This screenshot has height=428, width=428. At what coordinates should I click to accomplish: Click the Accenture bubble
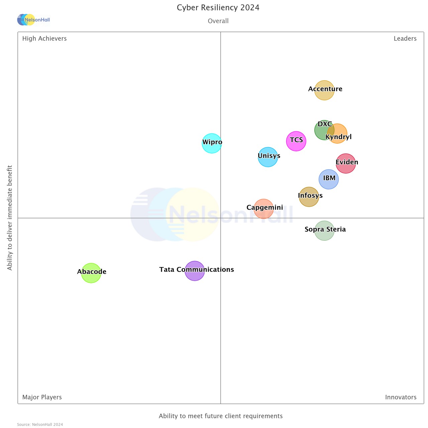(x=324, y=90)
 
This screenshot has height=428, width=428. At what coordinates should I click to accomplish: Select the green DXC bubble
(x=322, y=130)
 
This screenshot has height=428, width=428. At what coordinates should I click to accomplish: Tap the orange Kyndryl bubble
(x=339, y=133)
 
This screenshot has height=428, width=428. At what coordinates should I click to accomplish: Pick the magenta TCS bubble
(x=296, y=141)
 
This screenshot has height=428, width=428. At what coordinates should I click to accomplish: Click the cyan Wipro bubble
(x=212, y=143)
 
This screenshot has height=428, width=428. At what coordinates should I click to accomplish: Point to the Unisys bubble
(x=268, y=157)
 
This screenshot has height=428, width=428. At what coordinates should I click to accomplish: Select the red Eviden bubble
(x=346, y=164)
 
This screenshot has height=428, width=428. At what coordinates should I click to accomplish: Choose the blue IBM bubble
(x=329, y=179)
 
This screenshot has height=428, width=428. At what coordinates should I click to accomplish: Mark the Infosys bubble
(x=309, y=197)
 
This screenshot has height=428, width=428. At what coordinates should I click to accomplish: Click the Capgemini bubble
(x=263, y=209)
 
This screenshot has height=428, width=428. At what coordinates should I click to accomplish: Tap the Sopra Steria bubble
(x=324, y=231)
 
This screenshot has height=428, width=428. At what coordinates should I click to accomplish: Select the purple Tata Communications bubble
(x=195, y=271)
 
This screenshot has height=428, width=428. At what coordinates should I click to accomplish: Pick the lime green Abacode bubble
(x=91, y=273)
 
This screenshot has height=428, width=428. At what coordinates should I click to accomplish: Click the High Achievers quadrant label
(x=44, y=38)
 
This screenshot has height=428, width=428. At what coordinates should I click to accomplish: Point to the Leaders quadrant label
(x=405, y=38)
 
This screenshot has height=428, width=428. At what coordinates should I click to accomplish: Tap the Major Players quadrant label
(x=42, y=397)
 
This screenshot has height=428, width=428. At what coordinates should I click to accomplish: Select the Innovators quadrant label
(x=401, y=397)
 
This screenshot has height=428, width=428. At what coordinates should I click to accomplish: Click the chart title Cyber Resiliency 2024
(x=218, y=8)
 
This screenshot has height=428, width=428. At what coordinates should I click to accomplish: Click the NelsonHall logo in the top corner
(x=33, y=20)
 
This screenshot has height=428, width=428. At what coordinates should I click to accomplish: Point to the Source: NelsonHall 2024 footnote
(x=40, y=425)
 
